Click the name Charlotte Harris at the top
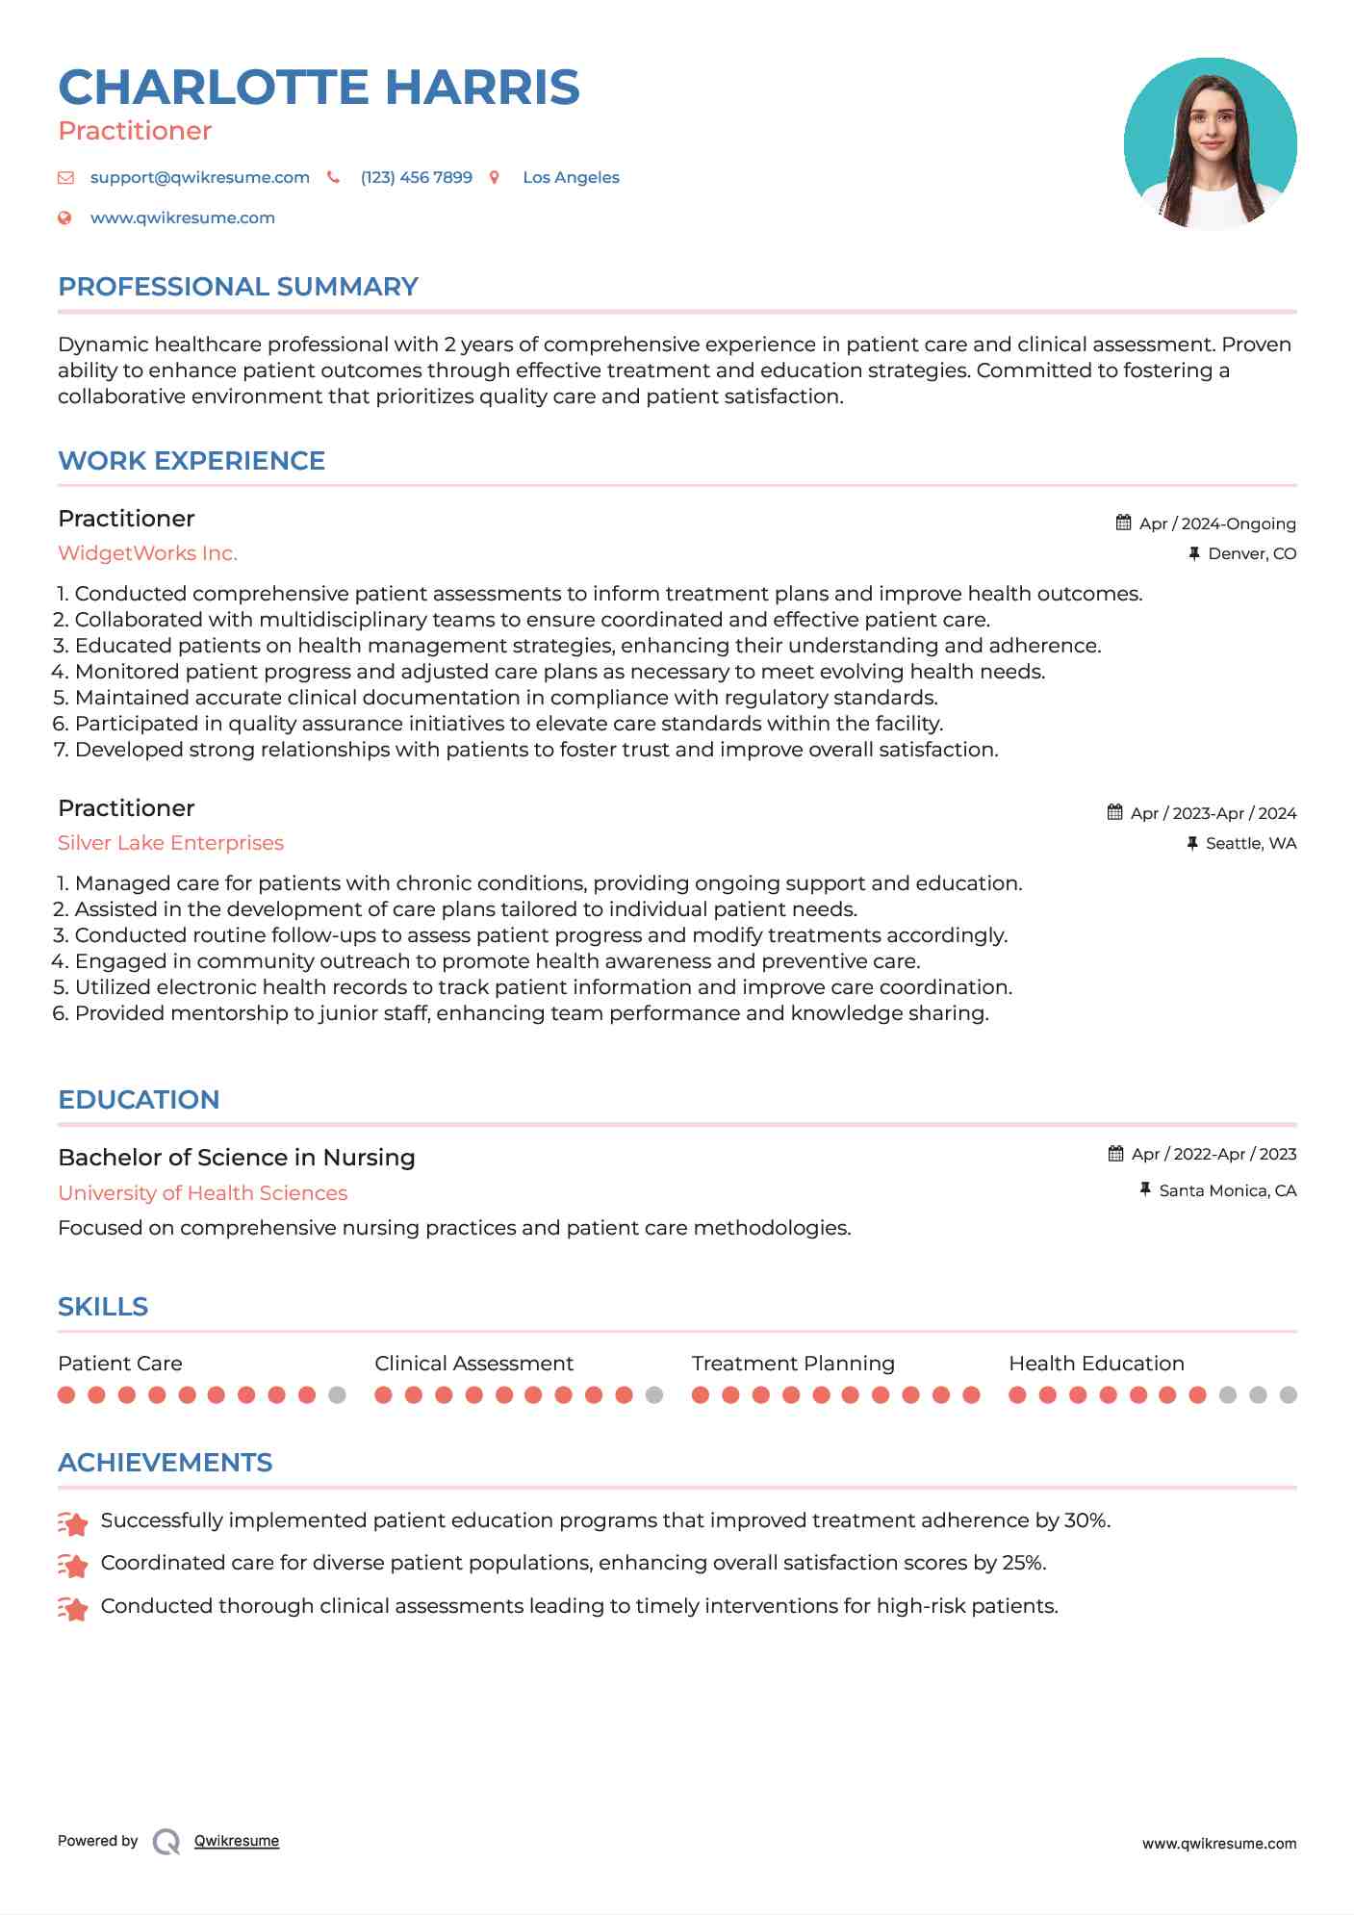pyautogui.click(x=319, y=88)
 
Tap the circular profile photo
pyautogui.click(x=1210, y=143)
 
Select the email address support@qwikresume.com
pyautogui.click(x=199, y=178)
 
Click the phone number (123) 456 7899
pyautogui.click(x=416, y=178)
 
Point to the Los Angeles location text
pyautogui.click(x=571, y=178)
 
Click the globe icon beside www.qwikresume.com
pyautogui.click(x=64, y=218)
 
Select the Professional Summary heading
pyautogui.click(x=238, y=287)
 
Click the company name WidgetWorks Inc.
pyautogui.click(x=147, y=553)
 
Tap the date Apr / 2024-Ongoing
pyautogui.click(x=1216, y=523)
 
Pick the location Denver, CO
pyautogui.click(x=1251, y=554)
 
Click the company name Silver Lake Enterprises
pyautogui.click(x=170, y=843)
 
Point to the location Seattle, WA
pyautogui.click(x=1250, y=844)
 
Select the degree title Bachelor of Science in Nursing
pyautogui.click(x=236, y=1158)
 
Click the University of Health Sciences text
pyautogui.click(x=202, y=1193)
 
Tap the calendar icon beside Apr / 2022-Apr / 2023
pyautogui.click(x=1115, y=1154)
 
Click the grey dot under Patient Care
pyautogui.click(x=337, y=1395)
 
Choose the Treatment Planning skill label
pyautogui.click(x=792, y=1364)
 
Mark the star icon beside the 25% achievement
pyautogui.click(x=72, y=1566)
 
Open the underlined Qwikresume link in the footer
pyautogui.click(x=236, y=1841)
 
